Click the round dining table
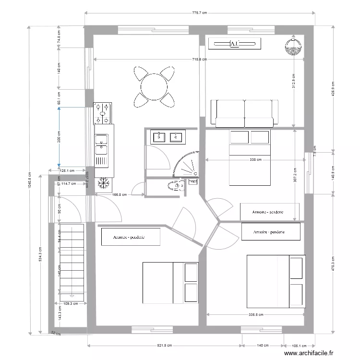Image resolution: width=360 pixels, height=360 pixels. (154, 87)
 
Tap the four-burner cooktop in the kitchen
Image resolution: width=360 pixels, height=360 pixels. (103, 113)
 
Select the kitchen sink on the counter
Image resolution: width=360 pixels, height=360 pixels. (101, 140)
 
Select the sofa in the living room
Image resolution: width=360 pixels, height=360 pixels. (244, 113)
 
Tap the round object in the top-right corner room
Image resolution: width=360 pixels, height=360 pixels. (292, 47)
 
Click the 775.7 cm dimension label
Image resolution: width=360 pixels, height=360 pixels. (199, 13)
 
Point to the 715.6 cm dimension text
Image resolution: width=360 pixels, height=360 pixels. (199, 60)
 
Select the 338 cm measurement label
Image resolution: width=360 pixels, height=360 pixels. (255, 160)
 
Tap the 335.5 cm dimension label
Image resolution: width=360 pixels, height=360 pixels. (255, 315)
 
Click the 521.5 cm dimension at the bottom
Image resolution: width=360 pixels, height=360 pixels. (164, 346)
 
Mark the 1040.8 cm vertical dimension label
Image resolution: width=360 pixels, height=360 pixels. (30, 180)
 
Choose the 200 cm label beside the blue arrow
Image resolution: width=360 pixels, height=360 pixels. (59, 137)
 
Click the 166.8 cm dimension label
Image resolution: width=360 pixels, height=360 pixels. (119, 195)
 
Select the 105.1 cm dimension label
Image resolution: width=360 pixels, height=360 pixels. (299, 346)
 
